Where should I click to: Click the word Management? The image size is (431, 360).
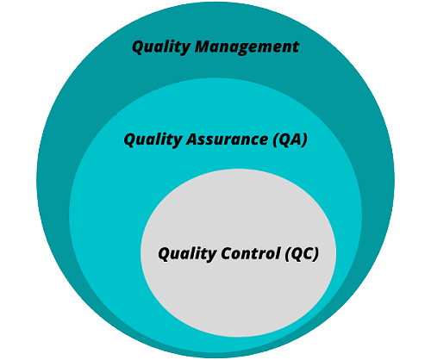point(247,47)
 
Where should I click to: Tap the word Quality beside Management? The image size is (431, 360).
point(161,47)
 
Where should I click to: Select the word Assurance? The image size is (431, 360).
point(227,140)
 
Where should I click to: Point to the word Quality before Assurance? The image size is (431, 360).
point(153,140)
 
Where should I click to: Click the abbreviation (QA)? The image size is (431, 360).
point(290,140)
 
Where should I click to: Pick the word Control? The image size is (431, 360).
point(251,253)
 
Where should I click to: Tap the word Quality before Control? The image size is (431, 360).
point(187,254)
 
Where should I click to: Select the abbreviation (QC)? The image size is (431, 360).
point(302,254)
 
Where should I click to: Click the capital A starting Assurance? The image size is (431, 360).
point(192,140)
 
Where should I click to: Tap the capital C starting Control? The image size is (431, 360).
point(227,253)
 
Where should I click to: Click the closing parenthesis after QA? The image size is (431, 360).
point(304,140)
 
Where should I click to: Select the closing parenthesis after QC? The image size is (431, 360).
point(315,254)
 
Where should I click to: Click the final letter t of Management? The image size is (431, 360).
point(296,47)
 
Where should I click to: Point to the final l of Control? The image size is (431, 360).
point(278,253)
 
